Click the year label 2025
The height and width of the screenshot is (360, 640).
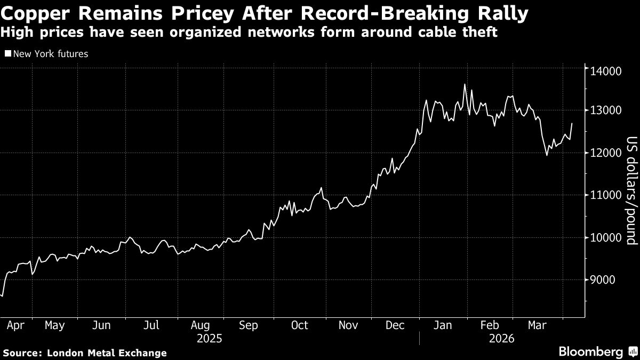point(210,338)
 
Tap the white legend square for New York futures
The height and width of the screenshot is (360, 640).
point(7,54)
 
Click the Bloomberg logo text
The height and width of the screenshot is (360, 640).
point(590,351)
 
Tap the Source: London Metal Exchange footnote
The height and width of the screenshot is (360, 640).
point(85,353)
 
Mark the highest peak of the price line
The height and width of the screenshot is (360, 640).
point(465,84)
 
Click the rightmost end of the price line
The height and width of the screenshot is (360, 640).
point(572,124)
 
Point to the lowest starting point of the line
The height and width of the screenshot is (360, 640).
point(3,295)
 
